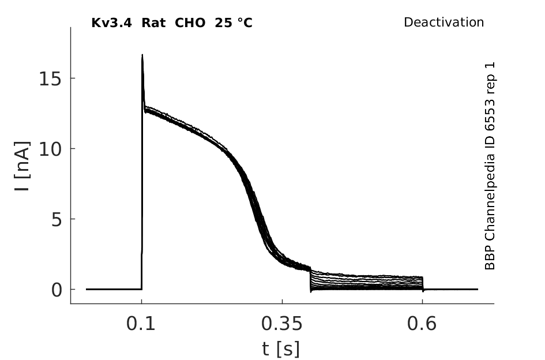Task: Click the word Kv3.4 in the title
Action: [x=111, y=23]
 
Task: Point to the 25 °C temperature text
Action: [x=234, y=23]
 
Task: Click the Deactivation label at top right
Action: [x=443, y=22]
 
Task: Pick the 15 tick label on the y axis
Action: [x=50, y=78]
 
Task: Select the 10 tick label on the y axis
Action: [x=50, y=149]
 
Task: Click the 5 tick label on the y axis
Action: [x=57, y=220]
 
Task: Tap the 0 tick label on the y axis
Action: [x=57, y=290]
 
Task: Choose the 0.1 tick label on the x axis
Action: [x=141, y=324]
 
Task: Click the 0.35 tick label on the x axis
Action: [x=282, y=324]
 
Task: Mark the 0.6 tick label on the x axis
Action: [x=422, y=324]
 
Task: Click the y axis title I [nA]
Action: [x=22, y=166]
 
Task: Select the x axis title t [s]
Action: [x=281, y=349]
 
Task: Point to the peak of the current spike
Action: [x=142, y=55]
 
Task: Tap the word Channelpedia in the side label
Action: [x=490, y=194]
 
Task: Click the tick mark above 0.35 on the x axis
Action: [x=282, y=301]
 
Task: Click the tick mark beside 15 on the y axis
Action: [x=73, y=78]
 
